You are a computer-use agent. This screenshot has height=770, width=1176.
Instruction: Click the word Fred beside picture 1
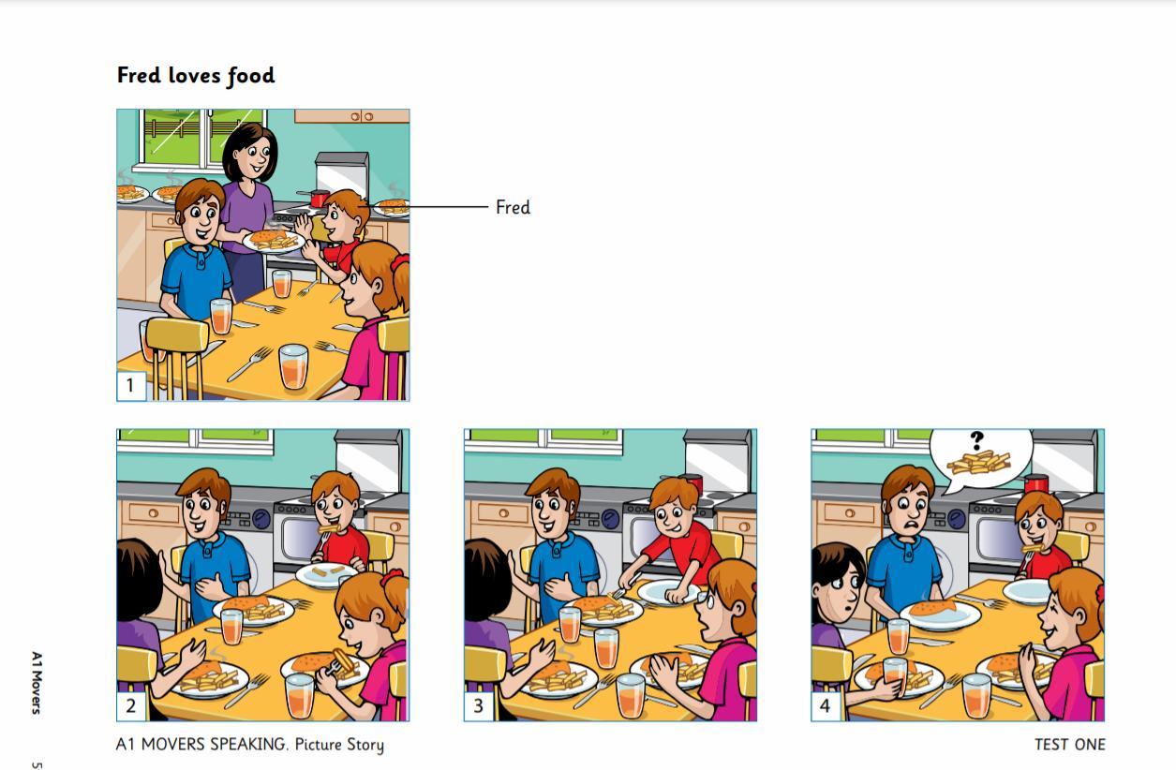click(x=513, y=207)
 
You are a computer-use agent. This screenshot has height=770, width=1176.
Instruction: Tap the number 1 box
click(x=131, y=386)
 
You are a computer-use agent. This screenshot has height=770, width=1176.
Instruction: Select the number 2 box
click(x=131, y=706)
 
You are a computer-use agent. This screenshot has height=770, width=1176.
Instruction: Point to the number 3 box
click(x=478, y=706)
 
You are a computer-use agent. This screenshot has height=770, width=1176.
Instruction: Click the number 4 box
click(x=826, y=706)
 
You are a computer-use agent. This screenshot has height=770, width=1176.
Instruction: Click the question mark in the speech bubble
click(x=976, y=440)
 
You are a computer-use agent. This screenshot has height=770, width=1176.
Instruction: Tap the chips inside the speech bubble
click(x=979, y=463)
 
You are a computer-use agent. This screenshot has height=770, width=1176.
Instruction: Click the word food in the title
click(x=251, y=76)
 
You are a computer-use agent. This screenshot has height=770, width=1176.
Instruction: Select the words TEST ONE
click(x=1070, y=745)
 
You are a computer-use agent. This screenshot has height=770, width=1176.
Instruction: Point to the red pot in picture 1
click(x=319, y=199)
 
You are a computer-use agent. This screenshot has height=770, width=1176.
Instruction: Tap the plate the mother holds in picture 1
click(x=274, y=242)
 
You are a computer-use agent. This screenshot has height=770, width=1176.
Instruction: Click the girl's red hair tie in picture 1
click(x=399, y=262)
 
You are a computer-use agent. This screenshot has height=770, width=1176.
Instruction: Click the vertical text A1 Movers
click(x=36, y=683)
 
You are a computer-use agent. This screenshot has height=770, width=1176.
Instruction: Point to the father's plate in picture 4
click(x=940, y=615)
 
